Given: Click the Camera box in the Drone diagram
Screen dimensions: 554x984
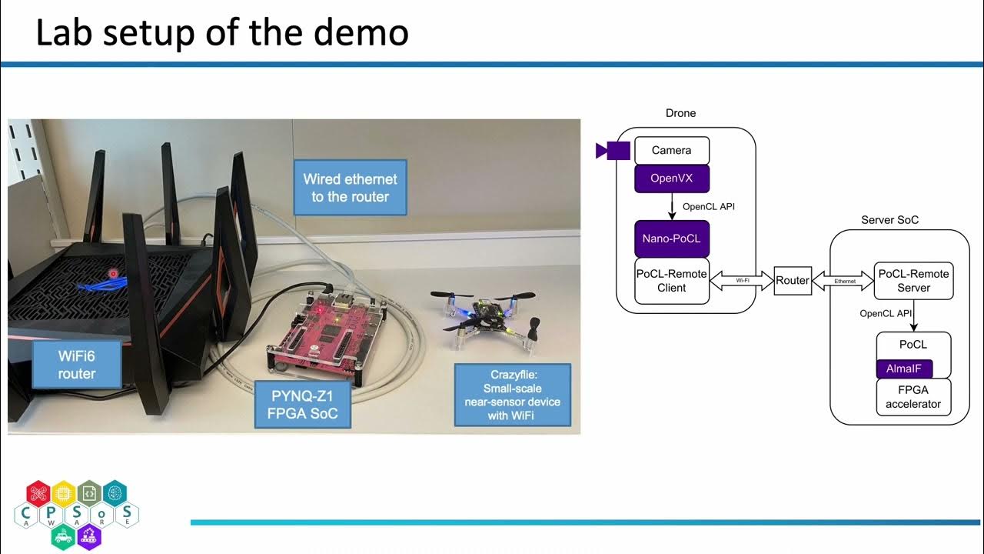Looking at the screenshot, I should point(671,150).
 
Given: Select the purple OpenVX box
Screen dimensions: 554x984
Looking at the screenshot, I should point(671,179).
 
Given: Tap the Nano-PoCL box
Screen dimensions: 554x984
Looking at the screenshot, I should point(671,239).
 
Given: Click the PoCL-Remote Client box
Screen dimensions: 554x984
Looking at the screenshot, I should point(671,281).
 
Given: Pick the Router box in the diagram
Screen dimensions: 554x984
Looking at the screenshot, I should point(792,281).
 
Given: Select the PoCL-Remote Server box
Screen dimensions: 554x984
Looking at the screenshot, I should point(913,281).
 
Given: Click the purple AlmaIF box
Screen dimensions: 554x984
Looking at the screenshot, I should point(904,369).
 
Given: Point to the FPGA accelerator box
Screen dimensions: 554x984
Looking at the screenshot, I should point(913,397).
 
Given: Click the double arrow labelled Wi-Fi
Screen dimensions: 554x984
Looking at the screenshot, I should point(742,281).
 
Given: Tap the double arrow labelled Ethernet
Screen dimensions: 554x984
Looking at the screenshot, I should point(844,281).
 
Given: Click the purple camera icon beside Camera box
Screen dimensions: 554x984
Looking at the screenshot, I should point(613,150).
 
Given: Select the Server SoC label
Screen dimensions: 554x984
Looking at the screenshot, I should point(889,220).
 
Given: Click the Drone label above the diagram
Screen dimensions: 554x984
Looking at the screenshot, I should point(680,113).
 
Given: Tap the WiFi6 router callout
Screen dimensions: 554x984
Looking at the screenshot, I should point(77,365).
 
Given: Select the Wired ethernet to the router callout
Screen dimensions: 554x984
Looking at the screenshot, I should point(350,188).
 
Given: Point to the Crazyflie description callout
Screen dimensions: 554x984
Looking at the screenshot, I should point(513,395).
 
